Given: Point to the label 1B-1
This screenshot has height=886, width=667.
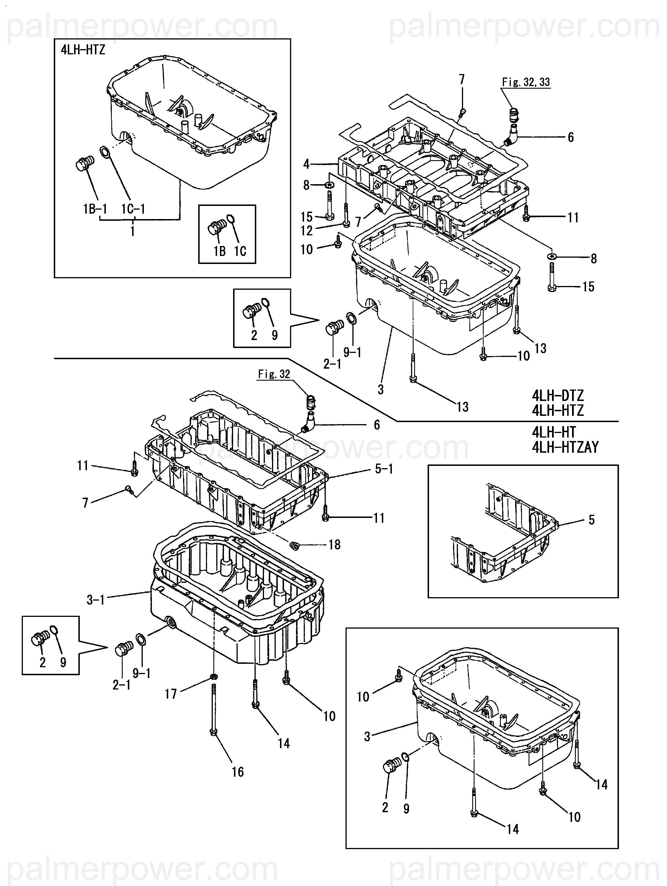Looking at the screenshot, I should point(95,209).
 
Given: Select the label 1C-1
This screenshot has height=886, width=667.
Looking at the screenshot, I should point(133,209).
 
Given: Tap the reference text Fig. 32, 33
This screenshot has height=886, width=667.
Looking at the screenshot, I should point(526,82).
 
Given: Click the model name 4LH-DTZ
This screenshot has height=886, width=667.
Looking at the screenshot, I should point(558,396).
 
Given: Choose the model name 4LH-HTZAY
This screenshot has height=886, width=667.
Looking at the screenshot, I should point(565,447).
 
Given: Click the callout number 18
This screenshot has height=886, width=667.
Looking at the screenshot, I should point(335,545).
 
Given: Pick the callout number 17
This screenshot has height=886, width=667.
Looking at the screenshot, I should point(171,694).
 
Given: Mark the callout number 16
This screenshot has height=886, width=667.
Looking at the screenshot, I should point(238,772).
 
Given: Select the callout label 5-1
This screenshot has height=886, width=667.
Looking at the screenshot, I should point(384,469).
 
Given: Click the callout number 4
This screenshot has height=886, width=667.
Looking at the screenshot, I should point(306,164).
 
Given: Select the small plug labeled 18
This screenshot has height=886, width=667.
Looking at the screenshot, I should point(294,545).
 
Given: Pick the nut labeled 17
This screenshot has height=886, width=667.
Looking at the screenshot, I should point(214,677).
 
